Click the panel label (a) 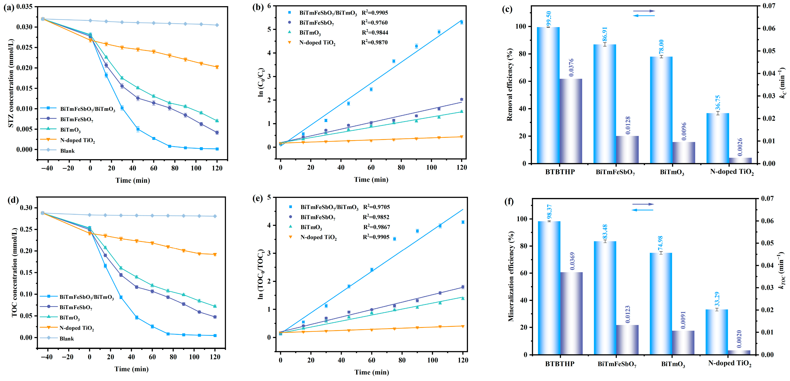pos(9,7)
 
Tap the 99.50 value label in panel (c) pos(549,19)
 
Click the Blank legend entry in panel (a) pos(67,151)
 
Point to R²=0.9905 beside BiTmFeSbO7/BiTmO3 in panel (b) pos(375,12)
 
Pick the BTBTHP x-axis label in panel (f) pos(560,364)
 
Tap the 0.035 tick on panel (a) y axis pos(24,7)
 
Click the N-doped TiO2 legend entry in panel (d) pos(76,328)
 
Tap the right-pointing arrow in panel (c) pos(644,11)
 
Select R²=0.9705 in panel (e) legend pos(376,207)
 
